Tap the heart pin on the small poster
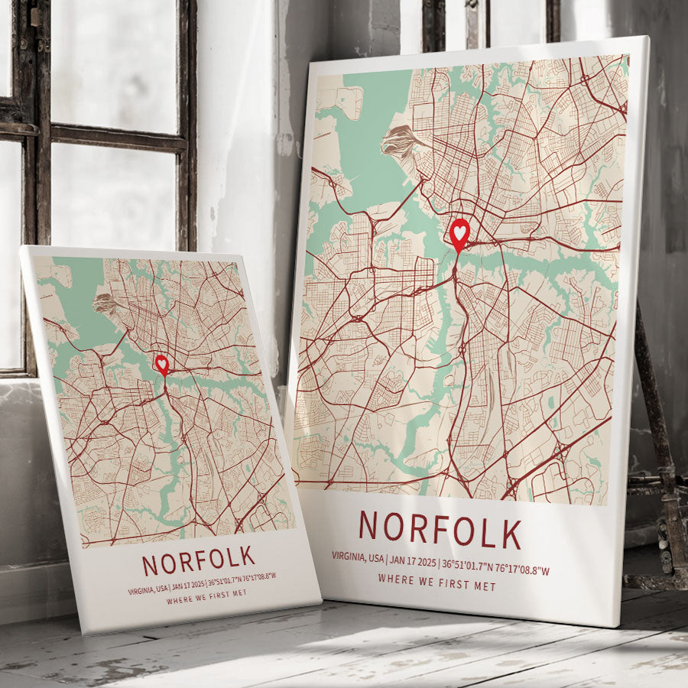(x=162, y=363)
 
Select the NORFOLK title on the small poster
(x=198, y=562)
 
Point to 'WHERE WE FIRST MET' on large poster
(x=436, y=586)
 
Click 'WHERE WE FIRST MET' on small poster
(x=206, y=593)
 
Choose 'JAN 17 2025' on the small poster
(x=189, y=585)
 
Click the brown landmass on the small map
(x=109, y=303)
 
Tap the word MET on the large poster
(x=485, y=587)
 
